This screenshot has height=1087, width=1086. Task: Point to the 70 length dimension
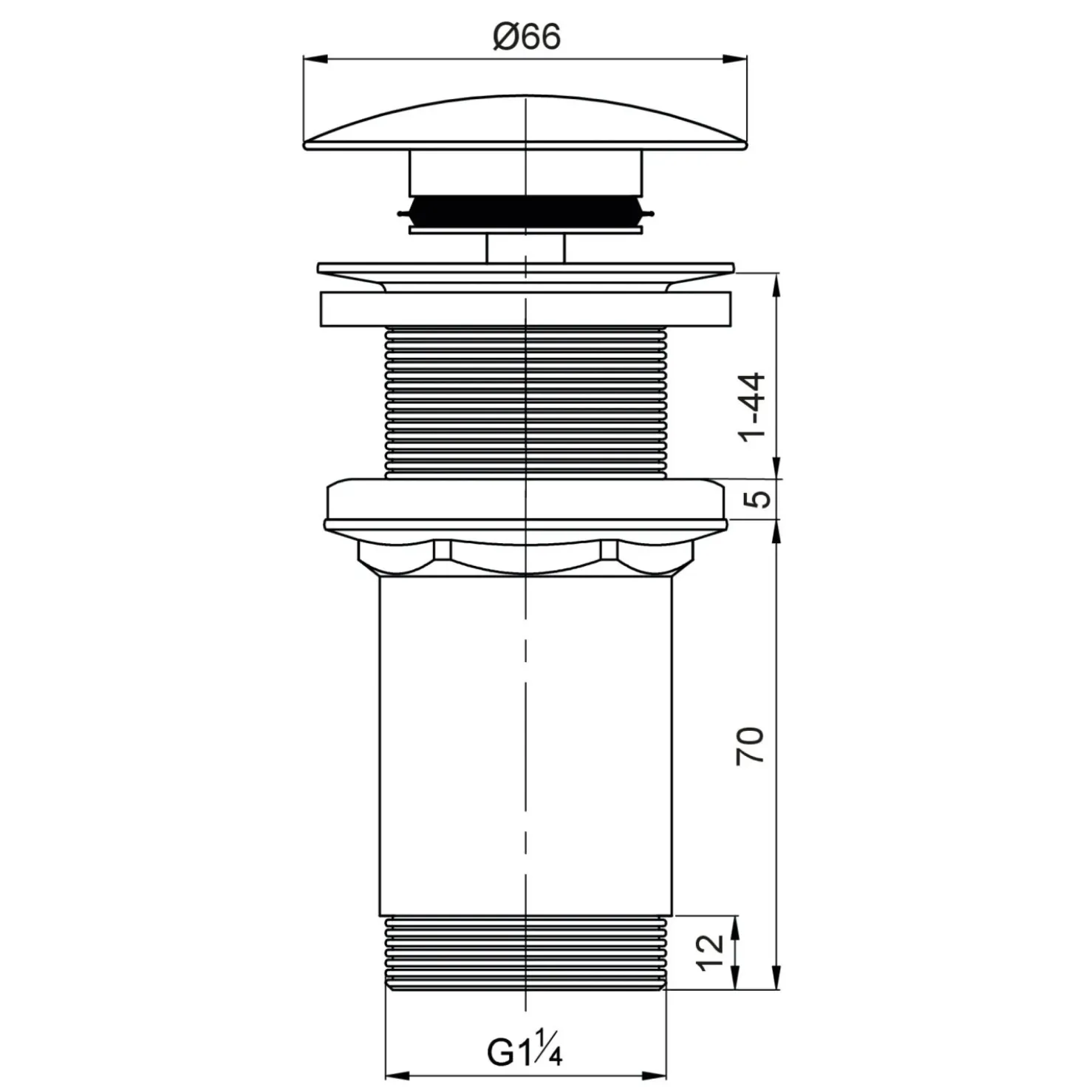coord(751,746)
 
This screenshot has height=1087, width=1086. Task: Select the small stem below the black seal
coord(525,248)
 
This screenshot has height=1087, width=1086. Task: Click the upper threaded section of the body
coord(525,403)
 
